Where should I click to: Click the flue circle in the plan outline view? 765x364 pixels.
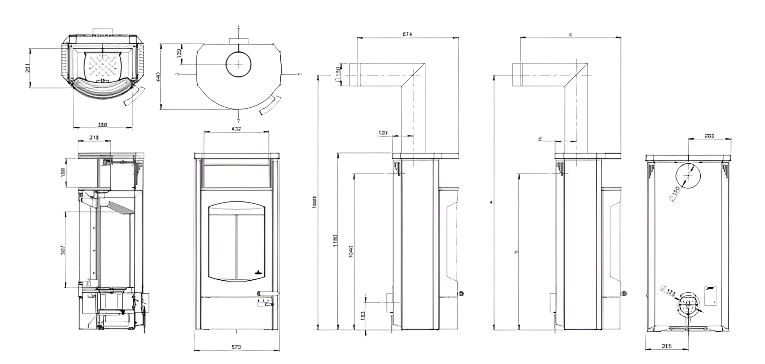coord(238,64)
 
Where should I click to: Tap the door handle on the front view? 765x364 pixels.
coord(266,294)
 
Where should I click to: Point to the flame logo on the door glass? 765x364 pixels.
coord(258,271)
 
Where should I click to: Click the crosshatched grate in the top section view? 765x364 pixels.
coord(102,66)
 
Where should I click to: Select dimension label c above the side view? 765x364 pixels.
coord(570,34)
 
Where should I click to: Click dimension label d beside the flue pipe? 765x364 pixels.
coord(540,139)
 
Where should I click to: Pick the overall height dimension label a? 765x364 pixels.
coord(491,202)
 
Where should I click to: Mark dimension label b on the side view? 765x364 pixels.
coord(516,251)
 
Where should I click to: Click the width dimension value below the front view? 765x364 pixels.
coord(236,347)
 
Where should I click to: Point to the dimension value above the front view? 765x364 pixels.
coord(236,129)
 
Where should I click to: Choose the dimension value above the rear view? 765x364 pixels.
coord(709,136)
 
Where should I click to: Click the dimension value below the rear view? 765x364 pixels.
coord(667,347)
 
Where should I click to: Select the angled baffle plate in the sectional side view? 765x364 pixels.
coord(120,207)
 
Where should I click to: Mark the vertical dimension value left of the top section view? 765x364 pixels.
coord(27,68)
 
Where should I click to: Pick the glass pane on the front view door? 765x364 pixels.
coord(236,241)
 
